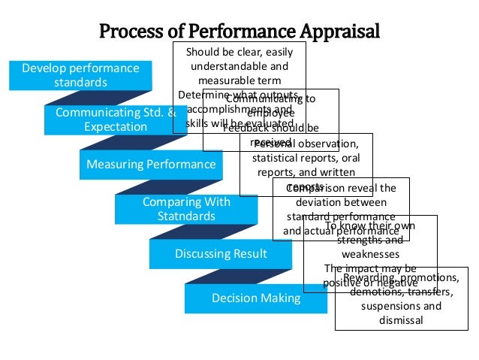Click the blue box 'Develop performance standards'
[x=80, y=75]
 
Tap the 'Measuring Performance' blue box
[x=151, y=164]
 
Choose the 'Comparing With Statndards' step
[x=186, y=209]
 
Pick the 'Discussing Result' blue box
[x=221, y=254]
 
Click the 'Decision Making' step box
[x=255, y=298]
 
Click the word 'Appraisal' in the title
[x=339, y=32]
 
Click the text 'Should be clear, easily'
[x=239, y=52]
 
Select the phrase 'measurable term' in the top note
[x=239, y=80]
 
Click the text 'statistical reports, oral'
[x=306, y=158]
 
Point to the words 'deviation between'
[x=341, y=202]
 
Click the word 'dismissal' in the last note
[x=401, y=320]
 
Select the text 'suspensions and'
[x=401, y=306]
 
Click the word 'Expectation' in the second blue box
[x=115, y=127]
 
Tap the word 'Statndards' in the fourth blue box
[x=186, y=216]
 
